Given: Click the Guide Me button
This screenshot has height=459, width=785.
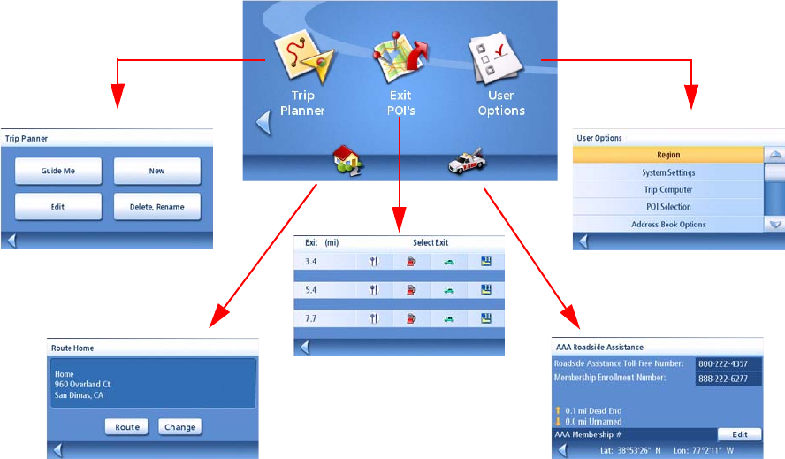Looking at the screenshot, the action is [57, 171].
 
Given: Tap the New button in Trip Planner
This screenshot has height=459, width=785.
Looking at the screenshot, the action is [156, 171].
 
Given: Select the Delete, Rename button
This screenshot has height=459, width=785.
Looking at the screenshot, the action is [156, 207].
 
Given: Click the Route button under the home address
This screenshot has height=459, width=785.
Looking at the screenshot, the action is [127, 427].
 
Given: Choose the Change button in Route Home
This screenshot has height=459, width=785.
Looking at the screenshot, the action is [180, 427].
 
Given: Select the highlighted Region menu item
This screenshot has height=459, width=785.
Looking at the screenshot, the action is [668, 156].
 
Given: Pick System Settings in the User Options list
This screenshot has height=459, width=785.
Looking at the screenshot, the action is [668, 172].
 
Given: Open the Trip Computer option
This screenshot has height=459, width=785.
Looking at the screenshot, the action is [668, 189].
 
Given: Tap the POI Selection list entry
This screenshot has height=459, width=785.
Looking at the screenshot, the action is [668, 207].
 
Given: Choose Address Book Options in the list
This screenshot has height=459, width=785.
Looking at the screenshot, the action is [668, 224].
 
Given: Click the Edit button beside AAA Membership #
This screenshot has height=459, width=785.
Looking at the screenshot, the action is [739, 434].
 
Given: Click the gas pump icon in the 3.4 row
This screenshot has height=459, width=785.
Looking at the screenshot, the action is [412, 261].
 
